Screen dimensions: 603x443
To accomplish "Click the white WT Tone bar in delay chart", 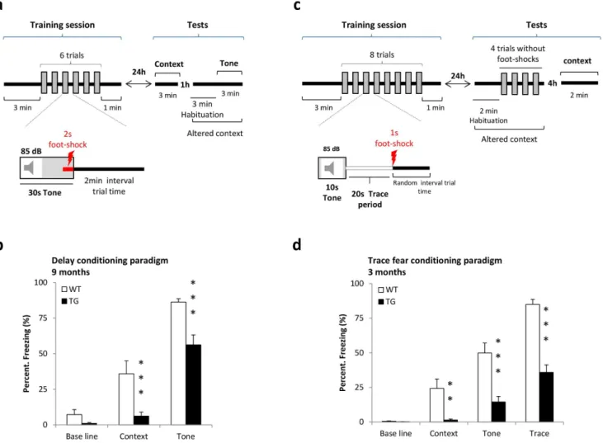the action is coord(178,364).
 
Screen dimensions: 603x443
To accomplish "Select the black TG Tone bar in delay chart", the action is coord(193,384).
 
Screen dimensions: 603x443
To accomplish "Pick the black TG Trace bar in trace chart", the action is coord(546,397).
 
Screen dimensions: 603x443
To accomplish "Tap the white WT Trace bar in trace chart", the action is coord(533,363).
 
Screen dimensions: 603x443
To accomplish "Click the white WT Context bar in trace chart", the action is coord(437,405).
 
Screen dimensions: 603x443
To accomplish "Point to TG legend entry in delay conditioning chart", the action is coord(70,301).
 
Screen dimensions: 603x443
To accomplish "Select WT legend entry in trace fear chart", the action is coord(388,290).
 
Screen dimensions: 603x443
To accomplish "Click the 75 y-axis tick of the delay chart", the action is coord(42,318).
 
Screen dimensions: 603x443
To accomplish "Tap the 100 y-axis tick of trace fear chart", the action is coord(357,284).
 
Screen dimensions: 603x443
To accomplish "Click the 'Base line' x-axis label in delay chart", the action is coord(82,436).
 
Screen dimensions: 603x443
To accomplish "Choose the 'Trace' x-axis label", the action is coord(539,433).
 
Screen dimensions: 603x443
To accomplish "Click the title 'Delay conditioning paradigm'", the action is coord(110,261).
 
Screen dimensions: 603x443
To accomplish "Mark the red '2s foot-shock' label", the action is coord(68,139).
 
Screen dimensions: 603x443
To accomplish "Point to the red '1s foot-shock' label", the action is coord(394,138).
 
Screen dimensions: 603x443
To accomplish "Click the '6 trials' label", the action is coord(72,55).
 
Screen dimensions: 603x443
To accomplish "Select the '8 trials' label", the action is coord(382,54).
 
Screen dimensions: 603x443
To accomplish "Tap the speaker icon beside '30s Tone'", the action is coord(29,167).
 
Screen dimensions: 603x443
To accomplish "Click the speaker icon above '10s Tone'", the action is coord(330,168).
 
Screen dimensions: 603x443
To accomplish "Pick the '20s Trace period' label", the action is coord(370,199).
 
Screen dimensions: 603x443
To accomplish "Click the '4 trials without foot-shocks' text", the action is coord(518,54).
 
